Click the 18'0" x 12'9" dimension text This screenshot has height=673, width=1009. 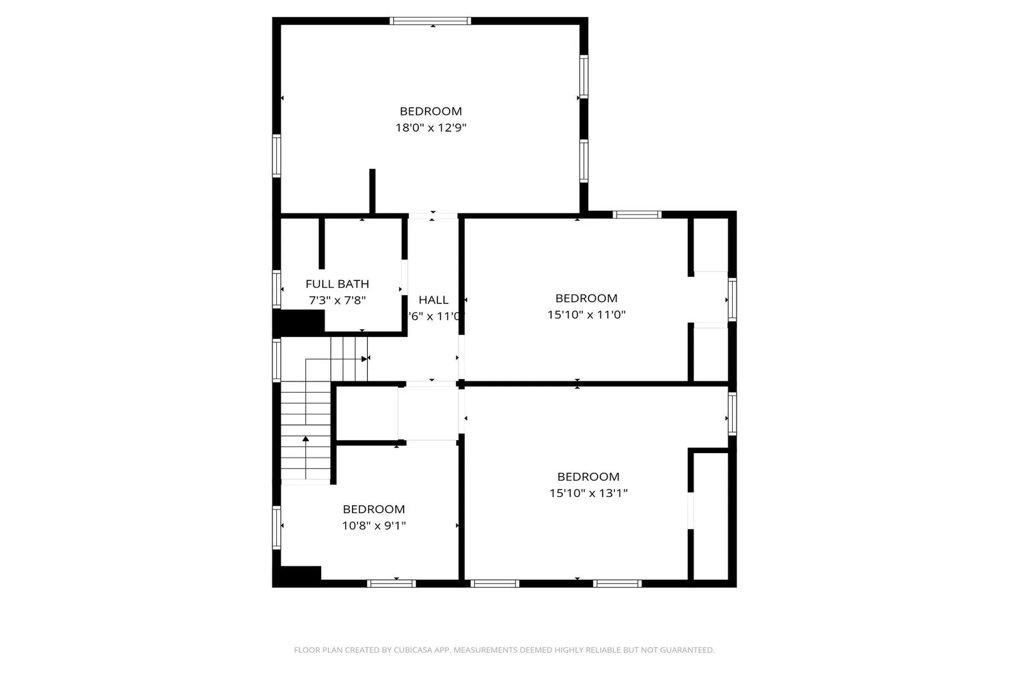tap(431, 128)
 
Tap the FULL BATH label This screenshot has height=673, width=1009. tap(337, 284)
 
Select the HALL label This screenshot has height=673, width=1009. tap(434, 300)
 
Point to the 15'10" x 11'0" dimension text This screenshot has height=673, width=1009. tap(586, 314)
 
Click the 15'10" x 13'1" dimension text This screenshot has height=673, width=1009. tap(589, 493)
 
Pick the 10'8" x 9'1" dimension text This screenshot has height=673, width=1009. tap(374, 525)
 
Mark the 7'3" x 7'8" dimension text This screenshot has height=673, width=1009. tap(337, 300)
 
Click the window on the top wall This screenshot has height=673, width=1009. tap(430, 21)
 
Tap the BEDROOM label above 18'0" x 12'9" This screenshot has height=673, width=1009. tap(431, 111)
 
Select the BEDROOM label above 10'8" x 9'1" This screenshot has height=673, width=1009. tap(374, 509)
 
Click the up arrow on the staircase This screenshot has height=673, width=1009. tap(306, 439)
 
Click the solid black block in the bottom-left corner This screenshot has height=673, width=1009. tap(297, 576)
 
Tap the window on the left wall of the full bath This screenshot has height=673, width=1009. tap(276, 289)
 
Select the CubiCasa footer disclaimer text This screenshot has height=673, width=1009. tap(504, 650)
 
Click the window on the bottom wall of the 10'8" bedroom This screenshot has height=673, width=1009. tap(392, 583)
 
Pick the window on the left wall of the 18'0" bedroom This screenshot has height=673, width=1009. tap(276, 156)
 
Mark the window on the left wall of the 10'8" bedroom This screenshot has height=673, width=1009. tap(276, 527)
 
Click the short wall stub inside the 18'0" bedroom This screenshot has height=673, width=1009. tap(373, 191)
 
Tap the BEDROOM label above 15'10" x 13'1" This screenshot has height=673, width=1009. tap(589, 477)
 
